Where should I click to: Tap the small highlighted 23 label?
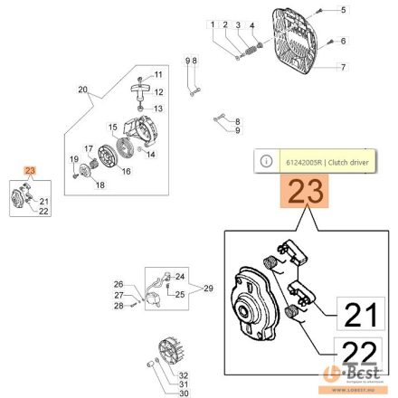[30, 170]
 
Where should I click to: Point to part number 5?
[344, 9]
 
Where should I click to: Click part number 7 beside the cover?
[344, 66]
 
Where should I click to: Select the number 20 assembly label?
[83, 90]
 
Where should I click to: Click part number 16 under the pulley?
[125, 170]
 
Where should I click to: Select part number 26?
[118, 283]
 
